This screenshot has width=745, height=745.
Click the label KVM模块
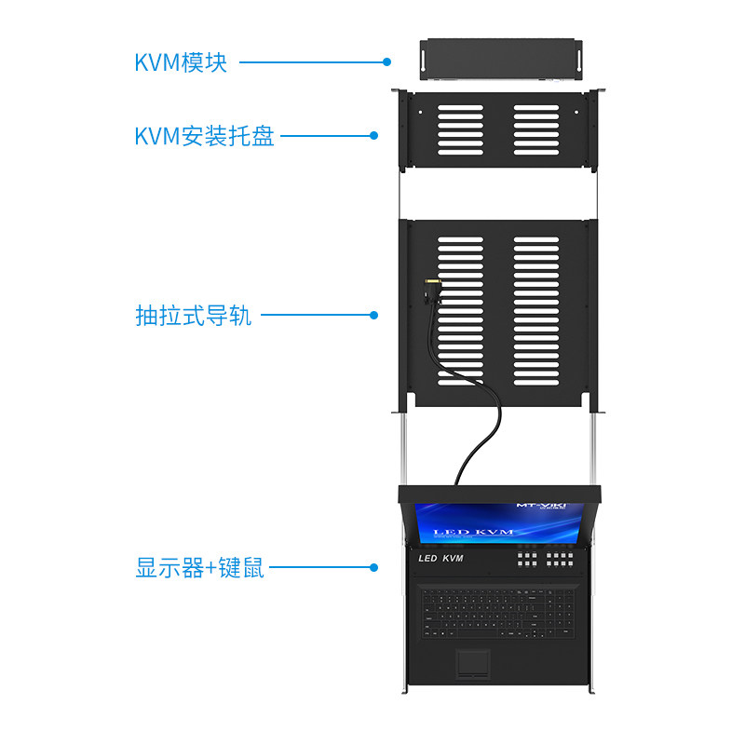coord(181,62)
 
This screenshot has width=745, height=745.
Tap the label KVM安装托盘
coord(205,136)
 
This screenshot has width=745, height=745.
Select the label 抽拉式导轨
coord(194,316)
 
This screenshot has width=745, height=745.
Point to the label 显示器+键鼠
coord(200,567)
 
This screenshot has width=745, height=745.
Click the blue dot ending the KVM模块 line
coord(386,62)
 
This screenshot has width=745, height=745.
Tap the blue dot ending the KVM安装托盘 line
coord(374,136)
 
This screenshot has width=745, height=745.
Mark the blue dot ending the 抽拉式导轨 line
coord(374,316)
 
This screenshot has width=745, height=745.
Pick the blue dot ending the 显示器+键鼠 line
coord(374,567)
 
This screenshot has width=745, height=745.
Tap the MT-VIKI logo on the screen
coord(540,506)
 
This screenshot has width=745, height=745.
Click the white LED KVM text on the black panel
coord(441,559)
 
